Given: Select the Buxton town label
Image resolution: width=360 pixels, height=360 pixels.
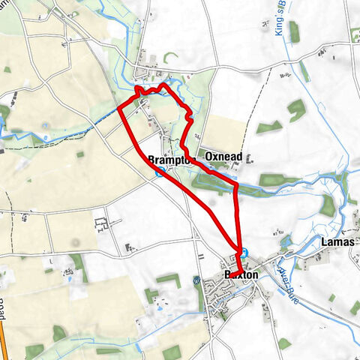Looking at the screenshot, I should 241,275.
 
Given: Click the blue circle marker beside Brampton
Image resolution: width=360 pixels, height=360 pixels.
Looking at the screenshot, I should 159,172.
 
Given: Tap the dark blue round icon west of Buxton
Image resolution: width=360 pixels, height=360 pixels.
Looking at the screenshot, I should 196,281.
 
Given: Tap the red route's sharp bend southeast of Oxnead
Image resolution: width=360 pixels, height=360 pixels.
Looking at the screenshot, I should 236,184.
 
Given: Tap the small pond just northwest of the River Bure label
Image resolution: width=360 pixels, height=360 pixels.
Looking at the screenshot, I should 285,242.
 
